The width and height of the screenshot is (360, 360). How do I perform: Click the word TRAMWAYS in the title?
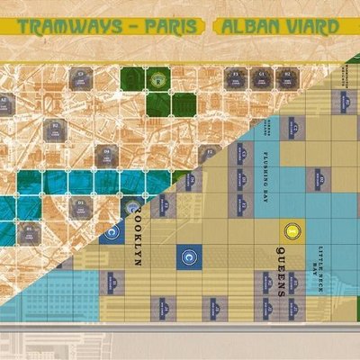click(67, 27)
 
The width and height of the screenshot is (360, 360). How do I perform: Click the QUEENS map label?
click(282, 269)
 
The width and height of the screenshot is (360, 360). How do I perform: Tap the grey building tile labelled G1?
click(261, 76)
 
